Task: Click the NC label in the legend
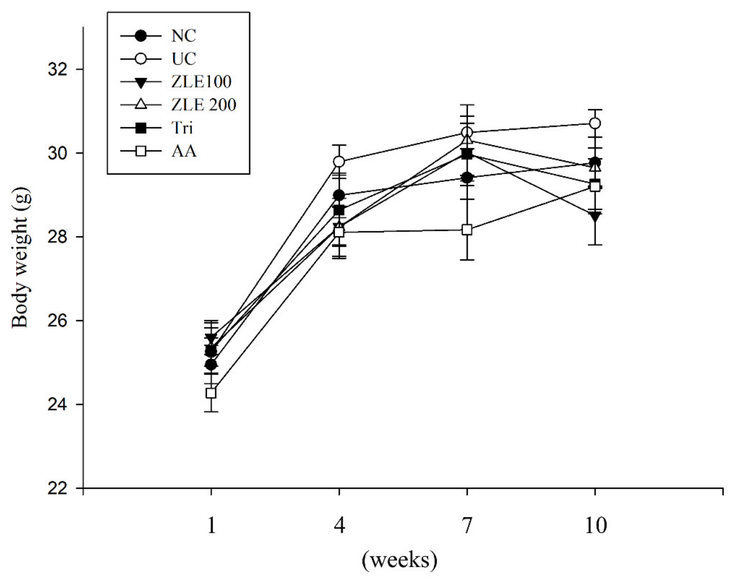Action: pyautogui.click(x=184, y=36)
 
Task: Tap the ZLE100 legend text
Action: pyautogui.click(x=201, y=82)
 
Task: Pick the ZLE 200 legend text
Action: pyautogui.click(x=203, y=105)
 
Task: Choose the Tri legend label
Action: pyautogui.click(x=182, y=128)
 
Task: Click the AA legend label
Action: pyautogui.click(x=184, y=151)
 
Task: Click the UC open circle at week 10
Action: pyautogui.click(x=595, y=123)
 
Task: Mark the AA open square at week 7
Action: pyautogui.click(x=467, y=230)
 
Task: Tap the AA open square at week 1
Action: pyautogui.click(x=211, y=393)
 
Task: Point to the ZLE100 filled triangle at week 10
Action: pyautogui.click(x=595, y=216)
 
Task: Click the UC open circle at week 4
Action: pyautogui.click(x=339, y=162)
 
